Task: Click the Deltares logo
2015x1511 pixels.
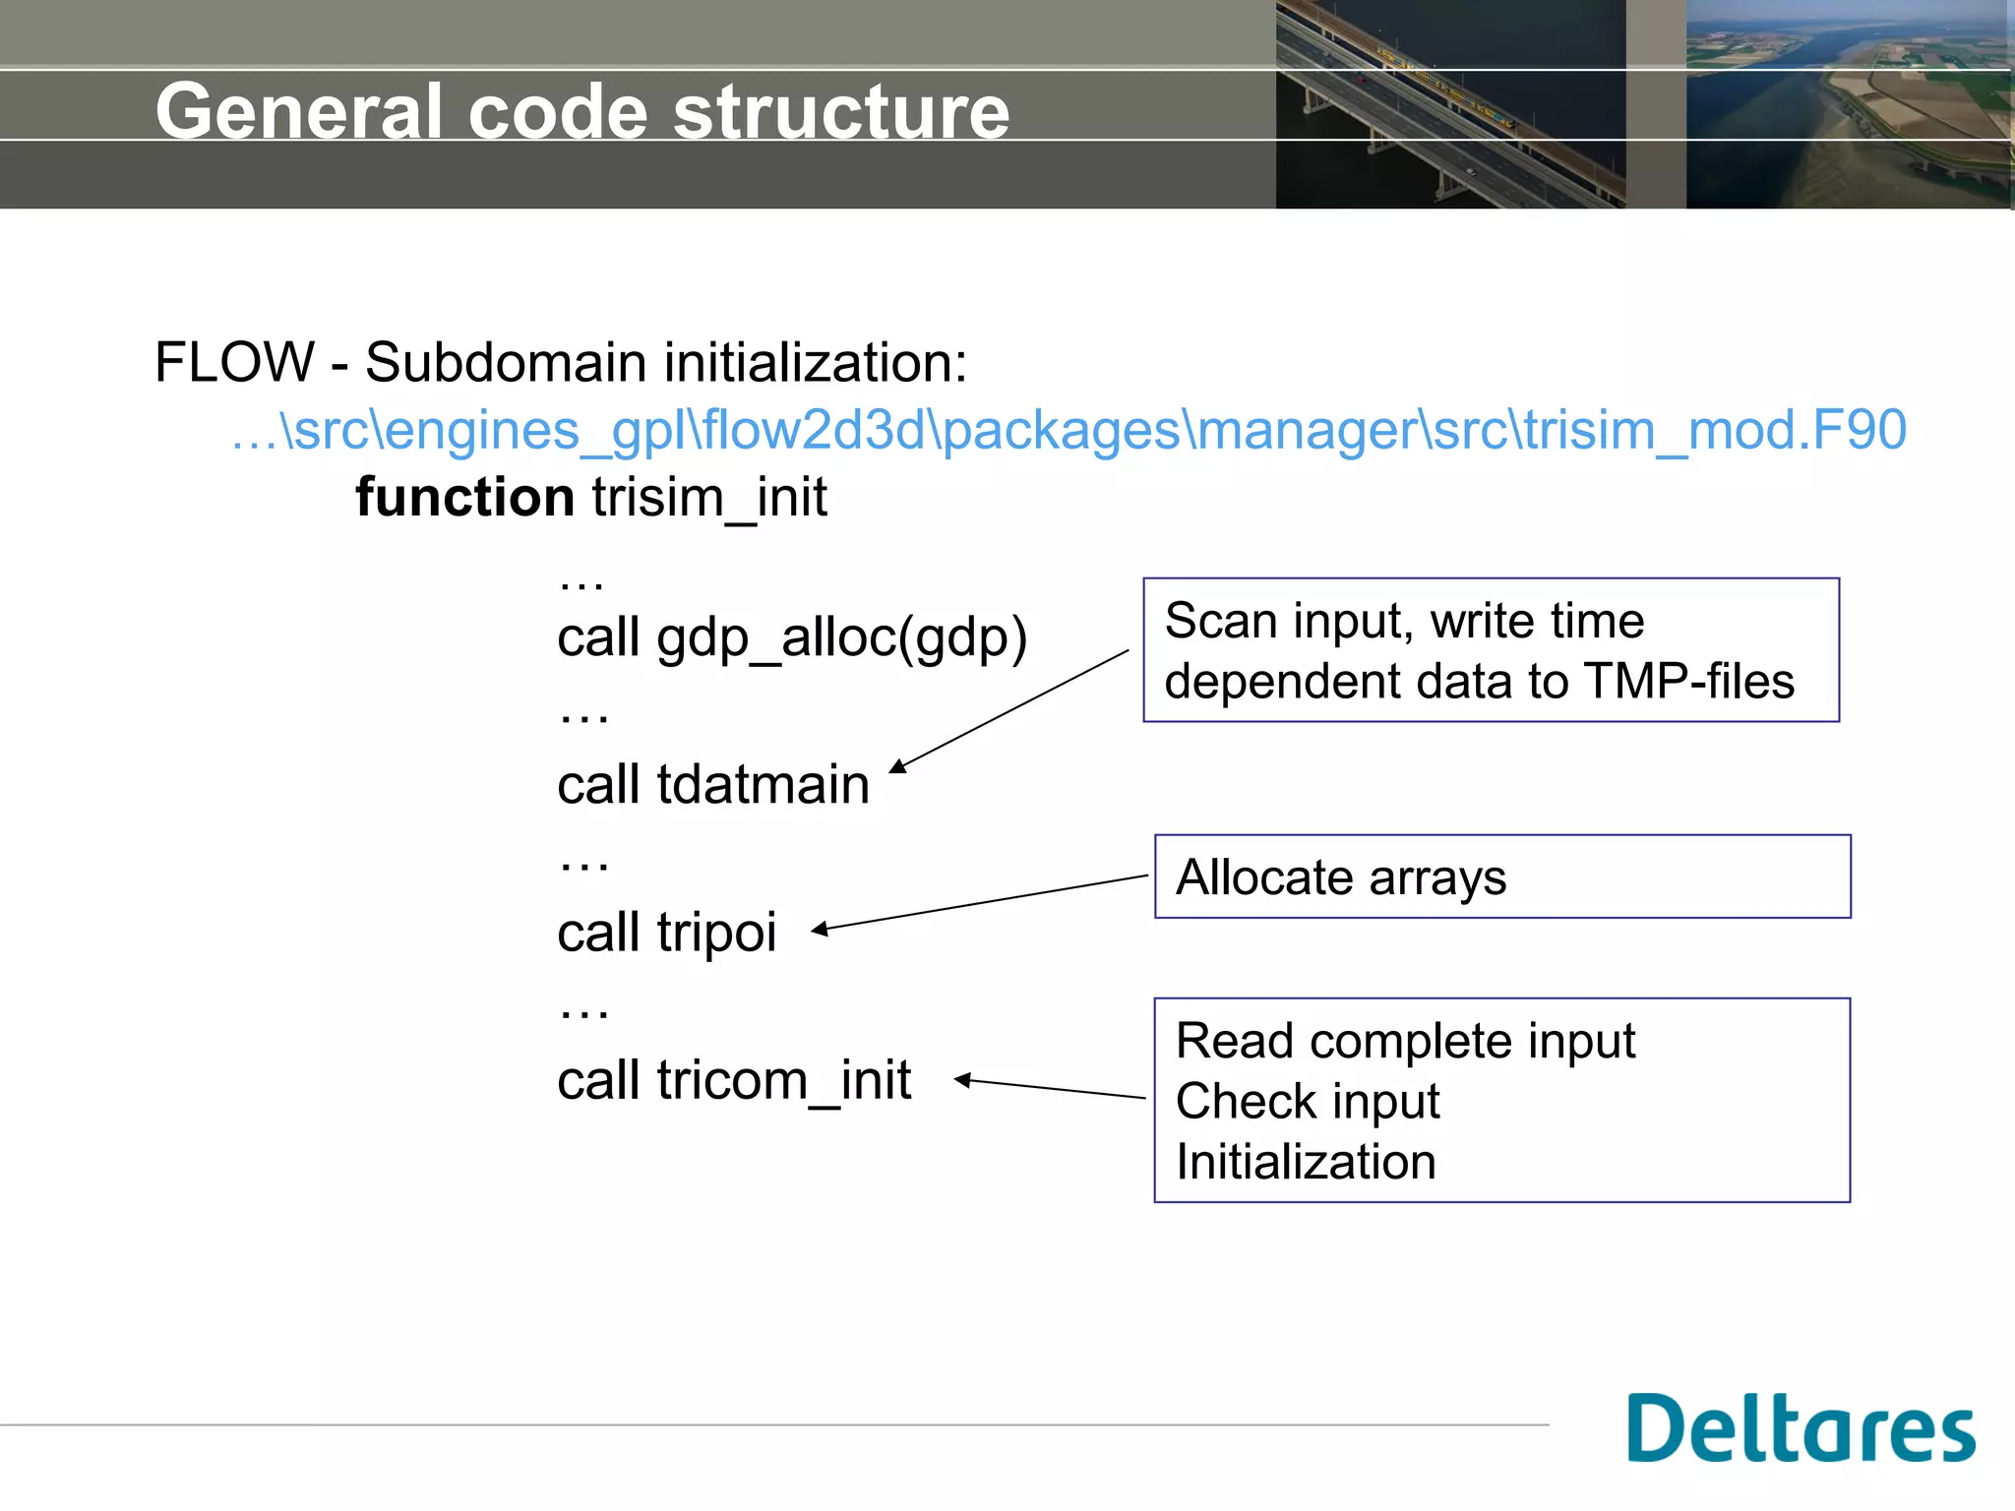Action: (1801, 1428)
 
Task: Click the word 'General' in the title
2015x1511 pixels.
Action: (299, 111)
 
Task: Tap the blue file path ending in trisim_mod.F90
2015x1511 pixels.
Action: (1069, 430)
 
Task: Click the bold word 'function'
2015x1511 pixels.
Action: (464, 497)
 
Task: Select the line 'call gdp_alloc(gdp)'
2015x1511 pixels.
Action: (792, 637)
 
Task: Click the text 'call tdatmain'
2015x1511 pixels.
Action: (713, 785)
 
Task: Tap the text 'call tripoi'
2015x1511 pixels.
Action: (667, 933)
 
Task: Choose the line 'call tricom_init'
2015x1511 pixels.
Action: (734, 1080)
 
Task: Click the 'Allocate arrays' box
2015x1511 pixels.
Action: (1501, 876)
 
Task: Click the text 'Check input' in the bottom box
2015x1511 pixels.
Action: (1308, 1101)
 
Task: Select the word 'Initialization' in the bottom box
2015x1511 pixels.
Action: (1306, 1162)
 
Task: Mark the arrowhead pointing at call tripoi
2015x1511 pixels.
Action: (819, 929)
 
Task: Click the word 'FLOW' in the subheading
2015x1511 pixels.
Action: (234, 362)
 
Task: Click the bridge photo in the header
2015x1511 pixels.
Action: (1450, 104)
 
